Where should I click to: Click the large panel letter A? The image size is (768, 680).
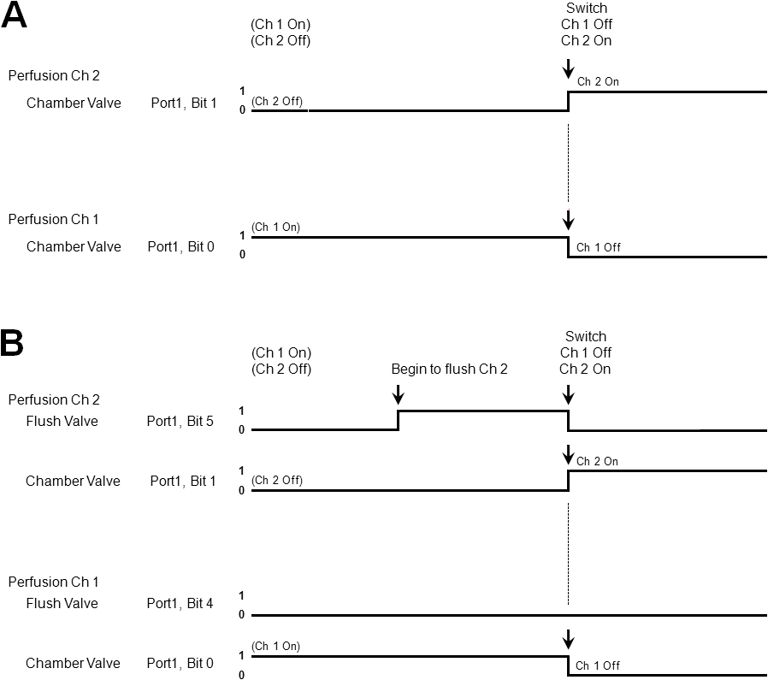(x=14, y=15)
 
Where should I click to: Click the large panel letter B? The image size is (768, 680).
(x=12, y=343)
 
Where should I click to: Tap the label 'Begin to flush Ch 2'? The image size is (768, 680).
(x=449, y=369)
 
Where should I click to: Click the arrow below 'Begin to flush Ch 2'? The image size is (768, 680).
(x=399, y=394)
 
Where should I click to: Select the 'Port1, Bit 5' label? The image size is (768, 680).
(x=180, y=421)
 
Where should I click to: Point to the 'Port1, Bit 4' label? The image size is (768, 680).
(x=180, y=603)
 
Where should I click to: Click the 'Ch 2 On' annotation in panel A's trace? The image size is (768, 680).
(x=598, y=81)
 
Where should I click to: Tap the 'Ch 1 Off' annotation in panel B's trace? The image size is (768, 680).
(x=598, y=665)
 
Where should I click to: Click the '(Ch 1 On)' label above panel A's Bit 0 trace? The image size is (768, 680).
(x=275, y=227)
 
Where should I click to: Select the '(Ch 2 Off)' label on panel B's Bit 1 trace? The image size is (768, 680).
(x=277, y=480)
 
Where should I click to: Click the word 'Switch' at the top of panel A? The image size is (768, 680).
(x=587, y=8)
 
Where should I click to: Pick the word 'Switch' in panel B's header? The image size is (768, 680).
(x=585, y=336)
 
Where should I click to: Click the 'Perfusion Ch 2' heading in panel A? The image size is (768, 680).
(x=54, y=75)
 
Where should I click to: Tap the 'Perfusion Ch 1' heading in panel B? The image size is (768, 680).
(x=53, y=582)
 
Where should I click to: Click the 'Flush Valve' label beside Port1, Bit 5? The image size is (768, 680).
(x=62, y=421)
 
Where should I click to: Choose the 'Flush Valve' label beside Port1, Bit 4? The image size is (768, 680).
(x=62, y=603)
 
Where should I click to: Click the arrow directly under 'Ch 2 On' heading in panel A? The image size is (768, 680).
(x=568, y=68)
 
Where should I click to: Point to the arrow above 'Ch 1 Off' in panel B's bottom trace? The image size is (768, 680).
(x=568, y=639)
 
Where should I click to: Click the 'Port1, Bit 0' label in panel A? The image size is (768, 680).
(x=180, y=246)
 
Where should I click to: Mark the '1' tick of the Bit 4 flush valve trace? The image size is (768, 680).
(x=241, y=595)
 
